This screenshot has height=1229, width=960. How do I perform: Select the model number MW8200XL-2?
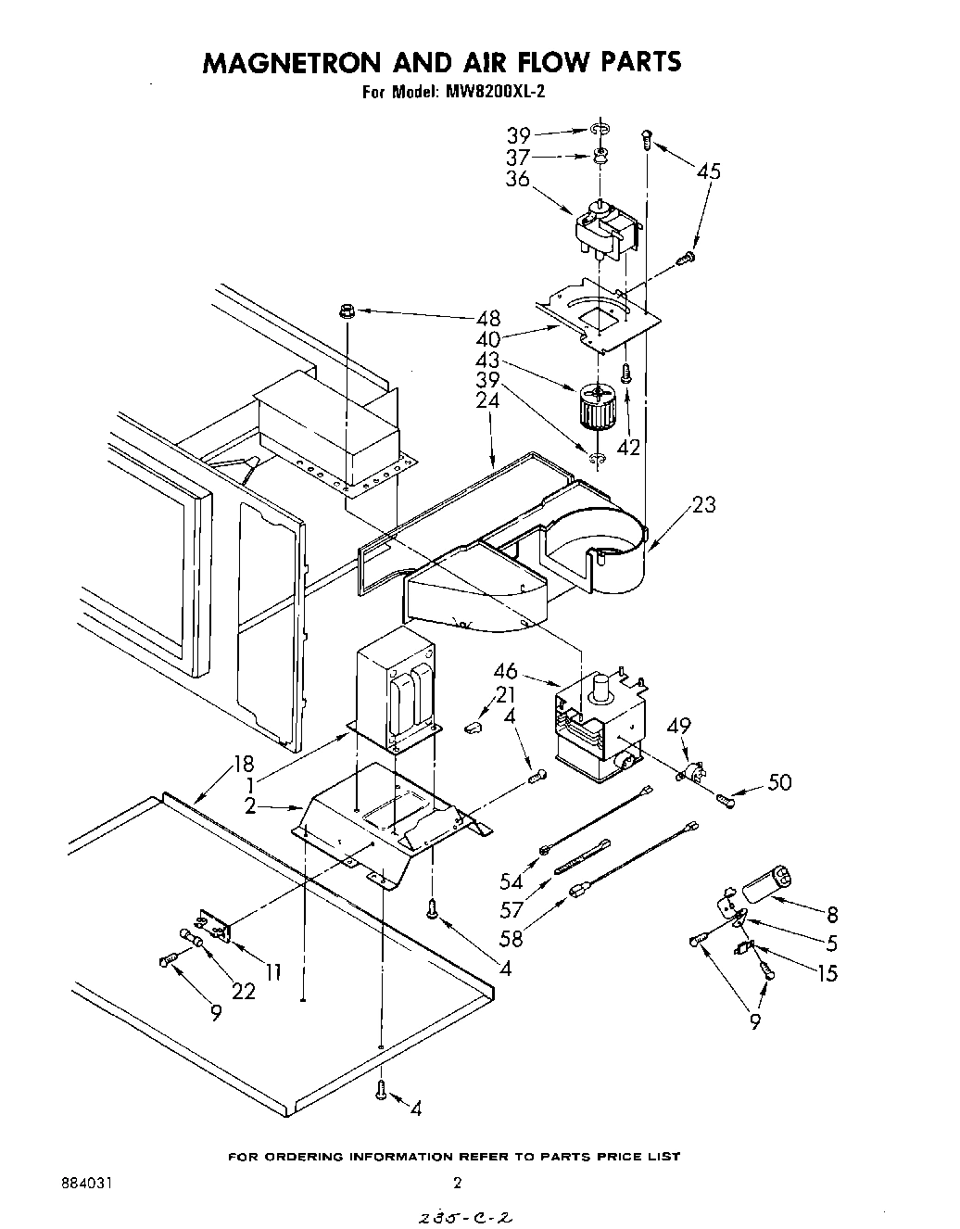[497, 91]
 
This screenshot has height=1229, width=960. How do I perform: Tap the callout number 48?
[488, 318]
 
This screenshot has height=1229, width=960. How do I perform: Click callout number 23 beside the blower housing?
[702, 505]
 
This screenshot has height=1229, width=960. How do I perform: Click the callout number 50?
[780, 783]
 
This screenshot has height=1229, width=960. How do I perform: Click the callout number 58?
[511, 937]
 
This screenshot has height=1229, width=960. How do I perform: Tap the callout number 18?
[243, 765]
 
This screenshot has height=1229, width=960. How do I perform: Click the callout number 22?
[243, 991]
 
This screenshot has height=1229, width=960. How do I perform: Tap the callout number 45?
[709, 171]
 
